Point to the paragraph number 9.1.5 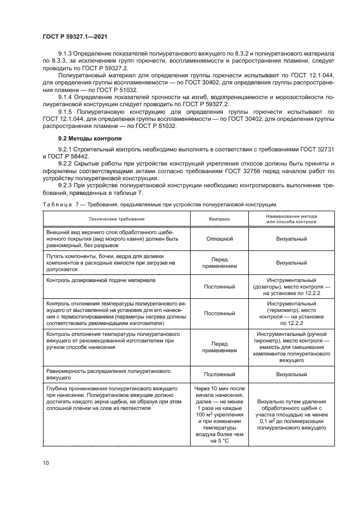pyautogui.click(x=66, y=112)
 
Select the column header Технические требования pyautogui.click(x=117, y=218)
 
